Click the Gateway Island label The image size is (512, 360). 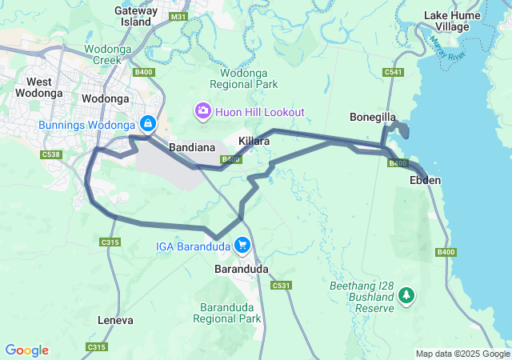pos(137,16)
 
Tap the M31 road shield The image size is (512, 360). pos(179,16)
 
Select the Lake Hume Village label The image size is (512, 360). pos(452,21)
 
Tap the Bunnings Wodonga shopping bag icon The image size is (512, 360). pos(148,124)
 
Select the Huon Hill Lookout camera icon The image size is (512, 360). pos(203,110)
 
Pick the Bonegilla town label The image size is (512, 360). pos(373,118)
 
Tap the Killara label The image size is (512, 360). pos(254,141)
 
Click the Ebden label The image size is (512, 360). pos(425,181)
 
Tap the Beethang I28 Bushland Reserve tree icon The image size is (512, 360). pos(407,296)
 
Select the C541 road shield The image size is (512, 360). pos(393,73)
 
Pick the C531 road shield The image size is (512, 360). pos(281,286)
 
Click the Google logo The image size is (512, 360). pos(26,350)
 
